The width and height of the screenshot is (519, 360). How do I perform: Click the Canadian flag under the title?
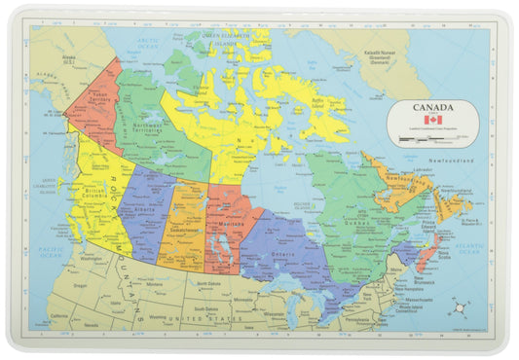tap(431, 119)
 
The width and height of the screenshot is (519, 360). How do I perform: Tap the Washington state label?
tap(93, 260)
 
